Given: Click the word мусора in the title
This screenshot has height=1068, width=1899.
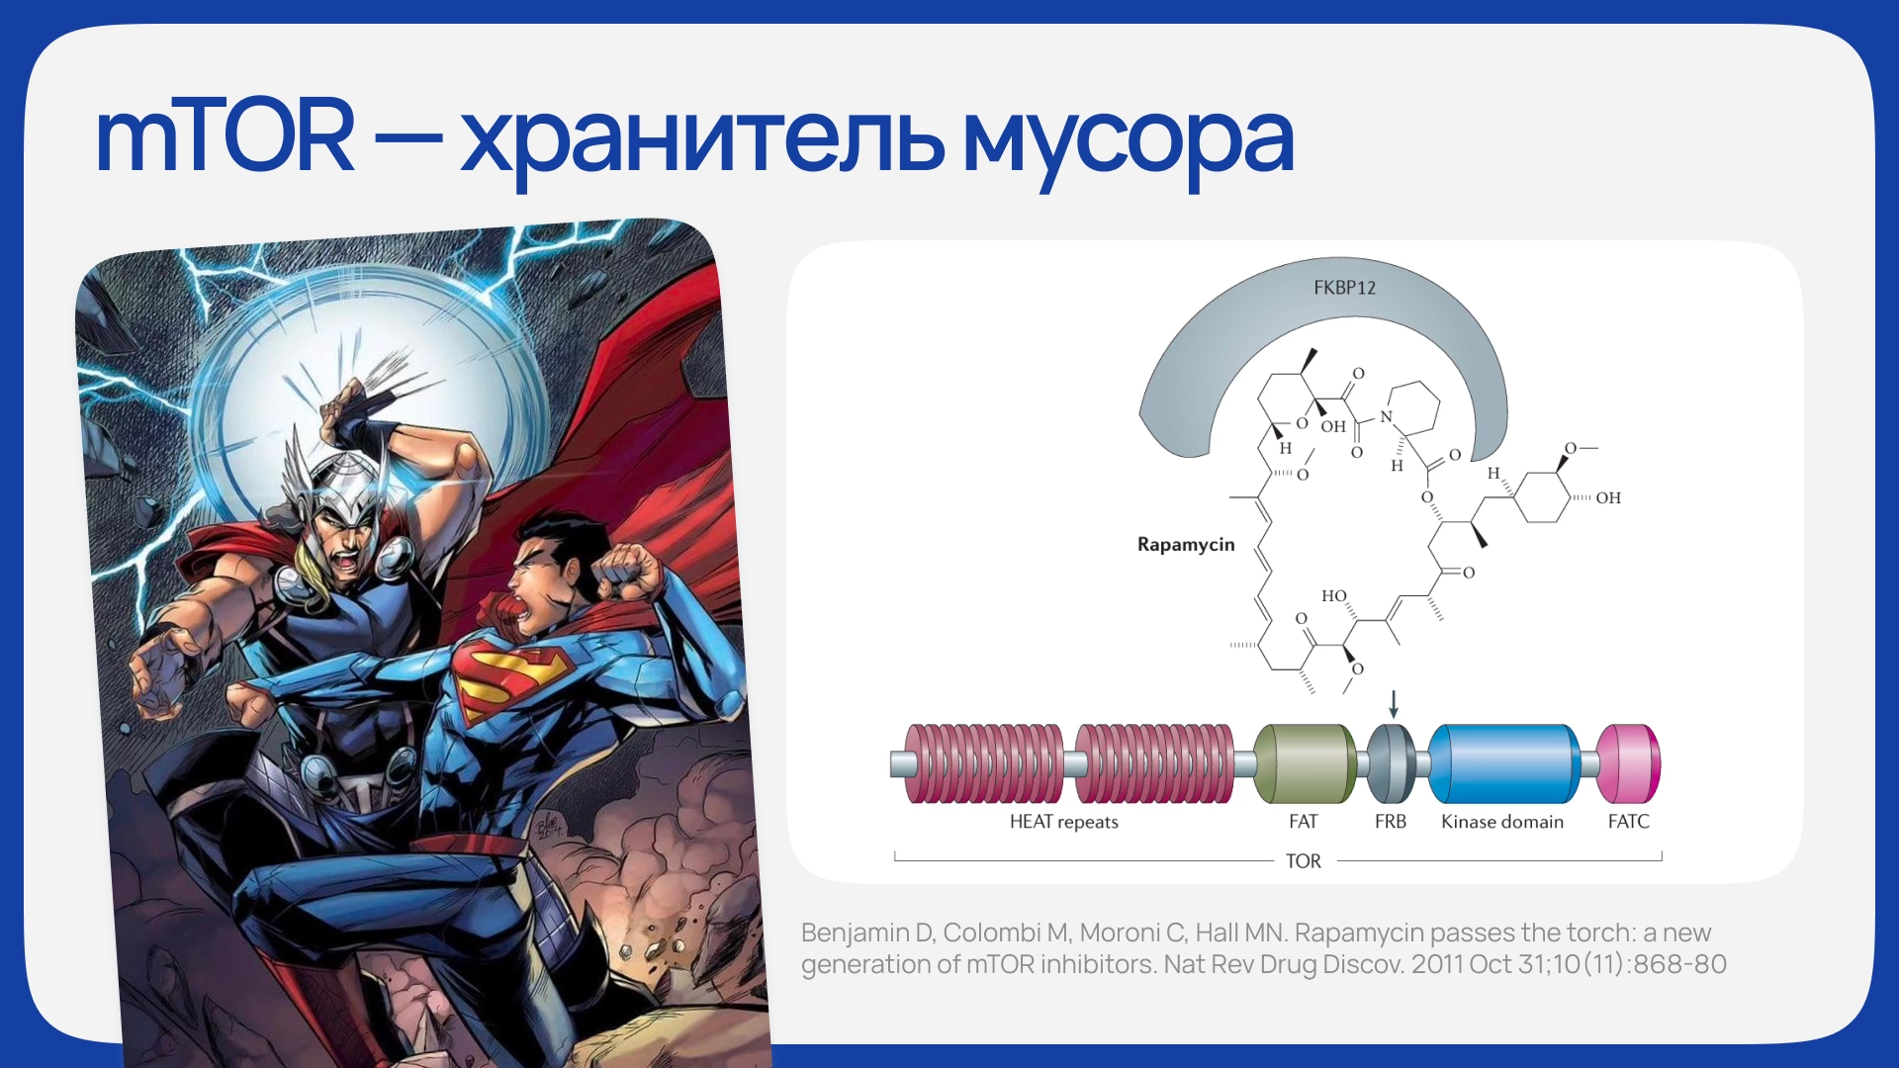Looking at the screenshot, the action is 1129,145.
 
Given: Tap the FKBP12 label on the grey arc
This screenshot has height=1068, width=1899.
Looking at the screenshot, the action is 1344,288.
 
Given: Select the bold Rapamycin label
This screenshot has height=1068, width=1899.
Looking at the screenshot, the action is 1186,544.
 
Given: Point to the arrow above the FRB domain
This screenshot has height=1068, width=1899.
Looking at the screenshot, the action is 1394,703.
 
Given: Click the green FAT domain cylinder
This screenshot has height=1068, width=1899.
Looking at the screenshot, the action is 1305,763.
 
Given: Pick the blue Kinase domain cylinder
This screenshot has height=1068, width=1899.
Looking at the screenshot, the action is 1504,763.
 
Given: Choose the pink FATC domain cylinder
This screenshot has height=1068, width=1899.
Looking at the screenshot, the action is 1629,763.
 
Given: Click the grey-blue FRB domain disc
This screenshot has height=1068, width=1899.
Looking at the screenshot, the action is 1392,763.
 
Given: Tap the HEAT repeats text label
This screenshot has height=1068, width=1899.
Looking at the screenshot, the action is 1063,822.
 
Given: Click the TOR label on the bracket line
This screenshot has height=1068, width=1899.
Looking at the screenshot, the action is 1303,861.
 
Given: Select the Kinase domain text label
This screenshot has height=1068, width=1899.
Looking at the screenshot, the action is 1502,822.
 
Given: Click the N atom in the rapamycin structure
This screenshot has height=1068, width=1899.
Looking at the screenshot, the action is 1386,417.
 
